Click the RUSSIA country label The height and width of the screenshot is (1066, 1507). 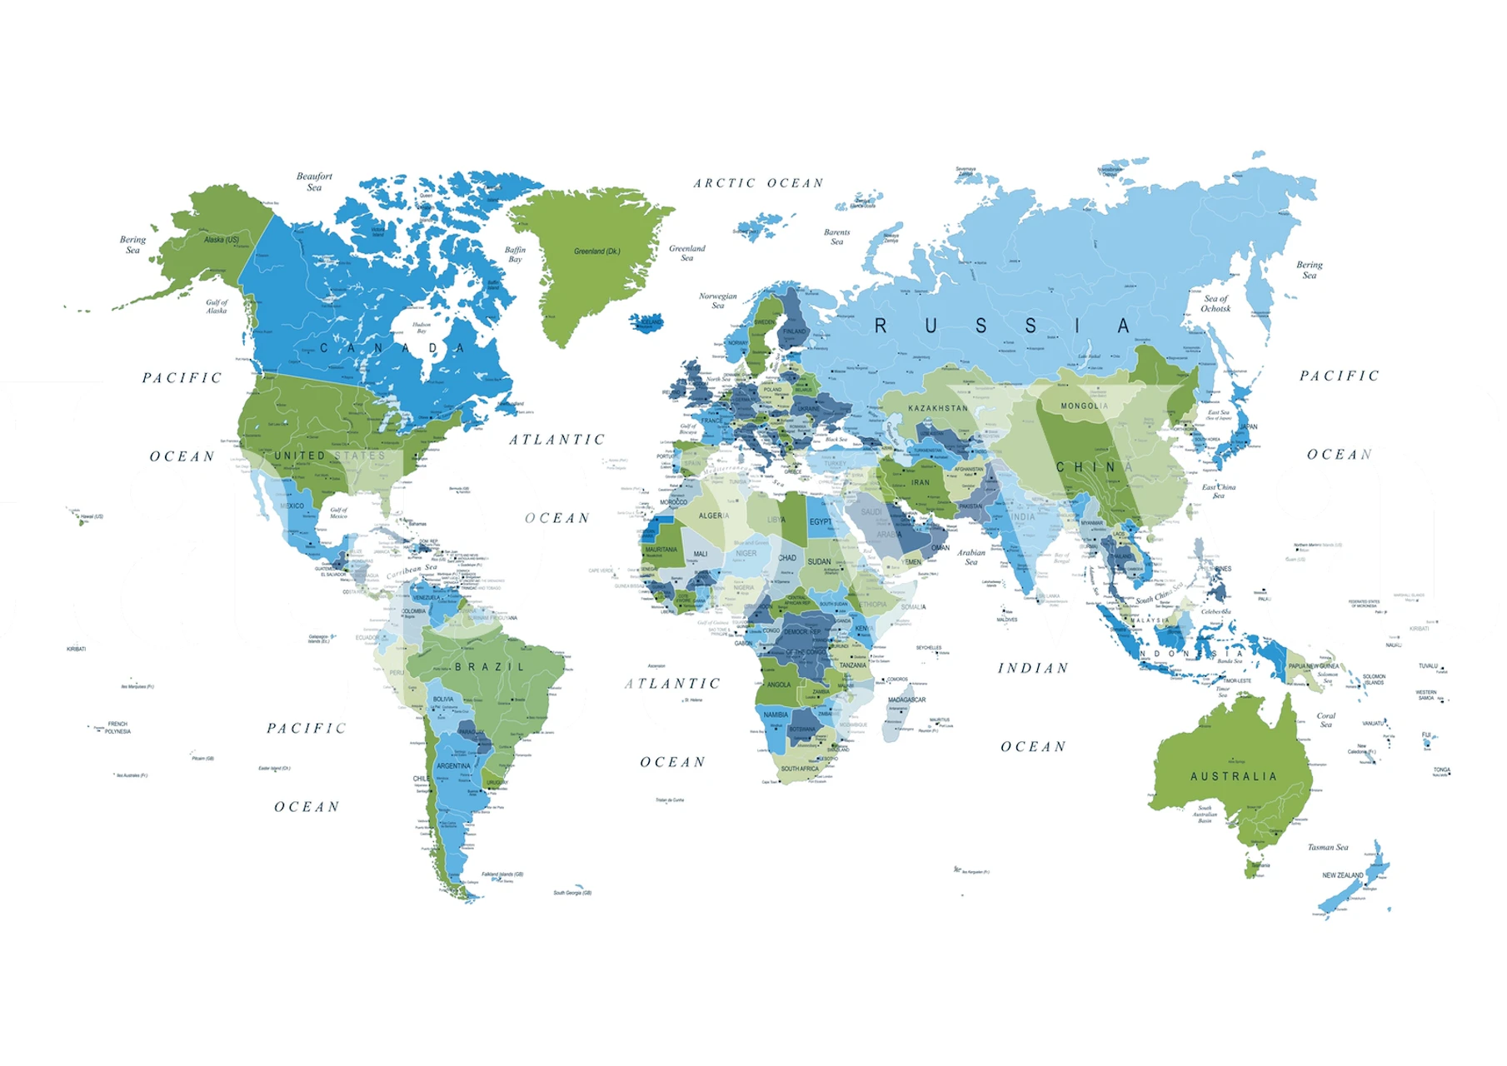1001,326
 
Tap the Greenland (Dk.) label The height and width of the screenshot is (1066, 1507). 596,252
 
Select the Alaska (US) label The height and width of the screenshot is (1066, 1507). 222,240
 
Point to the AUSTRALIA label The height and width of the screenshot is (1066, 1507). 1233,776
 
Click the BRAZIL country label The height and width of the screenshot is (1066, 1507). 490,667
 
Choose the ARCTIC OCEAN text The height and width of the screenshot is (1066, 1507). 758,183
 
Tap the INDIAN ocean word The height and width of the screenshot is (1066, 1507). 1033,668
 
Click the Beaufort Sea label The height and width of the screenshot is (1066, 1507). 314,182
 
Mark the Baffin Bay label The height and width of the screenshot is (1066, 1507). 515,254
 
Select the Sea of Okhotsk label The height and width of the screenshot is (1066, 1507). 1215,303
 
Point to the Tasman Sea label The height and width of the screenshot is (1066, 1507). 1327,847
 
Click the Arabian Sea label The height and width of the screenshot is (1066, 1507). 971,556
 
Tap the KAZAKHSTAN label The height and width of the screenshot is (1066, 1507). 938,408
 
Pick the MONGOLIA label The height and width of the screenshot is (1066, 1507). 1084,406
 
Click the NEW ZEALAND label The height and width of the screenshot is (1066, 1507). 1342,875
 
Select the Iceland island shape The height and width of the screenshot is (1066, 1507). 647,322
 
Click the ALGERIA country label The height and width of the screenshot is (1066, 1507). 714,516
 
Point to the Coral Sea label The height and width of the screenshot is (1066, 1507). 1325,720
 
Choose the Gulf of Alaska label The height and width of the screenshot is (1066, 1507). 217,306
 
